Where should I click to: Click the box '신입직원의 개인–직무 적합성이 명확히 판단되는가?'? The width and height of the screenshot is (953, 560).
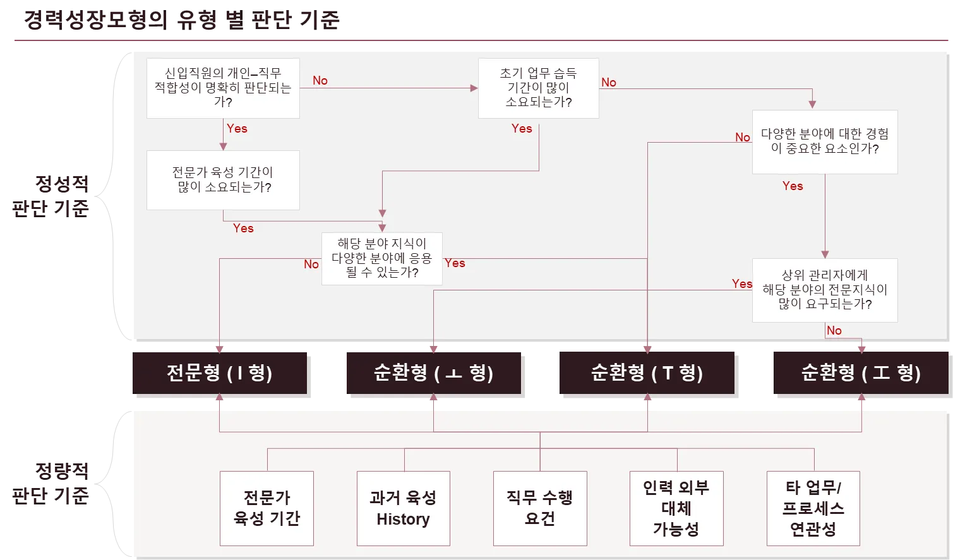pyautogui.click(x=223, y=88)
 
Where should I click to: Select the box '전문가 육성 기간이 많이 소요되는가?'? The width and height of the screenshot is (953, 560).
pyautogui.click(x=223, y=180)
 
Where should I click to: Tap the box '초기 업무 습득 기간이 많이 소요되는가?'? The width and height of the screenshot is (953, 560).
pyautogui.click(x=538, y=88)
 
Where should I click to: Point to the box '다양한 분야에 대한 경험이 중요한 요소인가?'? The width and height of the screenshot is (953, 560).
pyautogui.click(x=824, y=142)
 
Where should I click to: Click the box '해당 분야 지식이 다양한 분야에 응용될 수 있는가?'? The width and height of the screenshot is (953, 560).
pyautogui.click(x=381, y=258)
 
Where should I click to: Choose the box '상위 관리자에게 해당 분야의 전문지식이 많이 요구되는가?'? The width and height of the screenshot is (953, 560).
pyautogui.click(x=824, y=290)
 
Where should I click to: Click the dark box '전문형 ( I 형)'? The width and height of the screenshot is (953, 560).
pyautogui.click(x=220, y=372)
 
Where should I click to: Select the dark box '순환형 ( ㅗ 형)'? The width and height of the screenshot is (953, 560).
pyautogui.click(x=433, y=372)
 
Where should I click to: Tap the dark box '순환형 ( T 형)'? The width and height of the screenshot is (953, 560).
pyautogui.click(x=647, y=372)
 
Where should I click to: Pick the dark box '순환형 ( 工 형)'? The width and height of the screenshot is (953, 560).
pyautogui.click(x=861, y=372)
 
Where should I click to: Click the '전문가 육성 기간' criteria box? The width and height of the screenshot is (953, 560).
pyautogui.click(x=267, y=508)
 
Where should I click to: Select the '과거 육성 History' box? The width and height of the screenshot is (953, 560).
pyautogui.click(x=403, y=508)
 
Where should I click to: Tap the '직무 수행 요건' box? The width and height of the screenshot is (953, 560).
pyautogui.click(x=540, y=508)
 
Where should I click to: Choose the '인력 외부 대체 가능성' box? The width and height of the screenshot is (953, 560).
pyautogui.click(x=676, y=508)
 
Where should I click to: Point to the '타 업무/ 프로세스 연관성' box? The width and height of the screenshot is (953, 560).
pyautogui.click(x=813, y=508)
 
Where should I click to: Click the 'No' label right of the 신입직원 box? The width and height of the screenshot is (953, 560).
pyautogui.click(x=320, y=81)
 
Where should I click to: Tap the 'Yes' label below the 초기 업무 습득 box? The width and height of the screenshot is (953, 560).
pyautogui.click(x=522, y=129)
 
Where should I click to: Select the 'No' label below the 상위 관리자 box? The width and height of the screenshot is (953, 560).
pyautogui.click(x=834, y=331)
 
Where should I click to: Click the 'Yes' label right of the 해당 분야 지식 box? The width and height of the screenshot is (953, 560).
pyautogui.click(x=455, y=263)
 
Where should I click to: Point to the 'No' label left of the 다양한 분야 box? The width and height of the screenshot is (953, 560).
pyautogui.click(x=743, y=138)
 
